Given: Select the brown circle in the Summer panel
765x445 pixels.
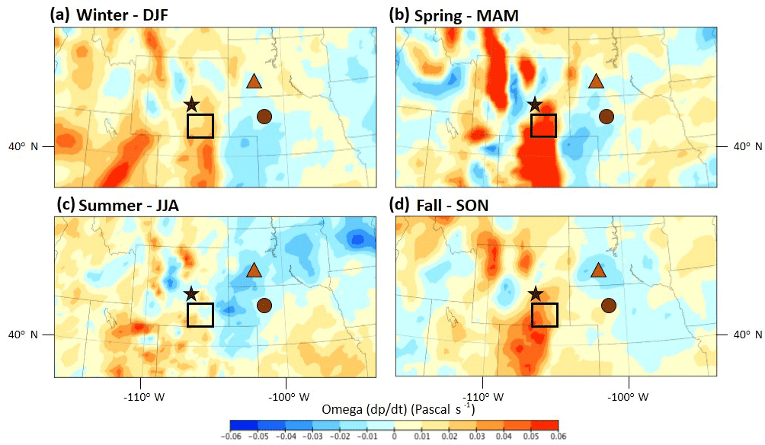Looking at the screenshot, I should tap(264, 306).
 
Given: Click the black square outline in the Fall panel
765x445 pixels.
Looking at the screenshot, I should tap(544, 315).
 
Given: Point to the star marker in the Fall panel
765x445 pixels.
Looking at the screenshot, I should tap(536, 293).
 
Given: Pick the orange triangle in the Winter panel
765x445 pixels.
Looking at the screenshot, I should tap(254, 81).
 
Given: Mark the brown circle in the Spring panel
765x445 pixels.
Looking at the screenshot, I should tap(607, 117).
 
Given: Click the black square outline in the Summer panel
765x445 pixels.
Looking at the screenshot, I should tap(200, 315).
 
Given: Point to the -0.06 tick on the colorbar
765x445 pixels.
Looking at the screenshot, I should tap(230, 437).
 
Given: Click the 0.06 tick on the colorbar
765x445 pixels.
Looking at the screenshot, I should tap(558, 437).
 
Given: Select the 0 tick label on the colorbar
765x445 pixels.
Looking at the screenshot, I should tap(394, 437).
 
